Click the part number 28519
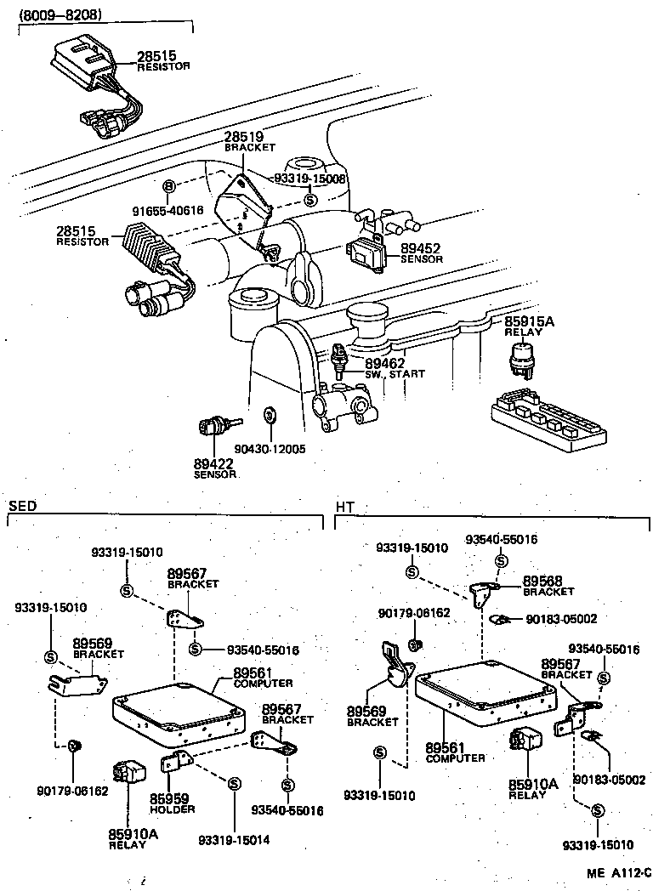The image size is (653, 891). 244,136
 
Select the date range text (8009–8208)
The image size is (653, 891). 61,14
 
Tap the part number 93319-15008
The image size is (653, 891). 310,179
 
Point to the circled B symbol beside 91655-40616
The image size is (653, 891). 168,186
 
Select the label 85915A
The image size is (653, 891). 529,321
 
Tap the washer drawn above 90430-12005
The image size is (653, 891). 270,416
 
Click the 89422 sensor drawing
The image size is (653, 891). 217,427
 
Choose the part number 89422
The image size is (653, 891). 214,463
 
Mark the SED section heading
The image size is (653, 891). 22,507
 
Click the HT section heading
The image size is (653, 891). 344,507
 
